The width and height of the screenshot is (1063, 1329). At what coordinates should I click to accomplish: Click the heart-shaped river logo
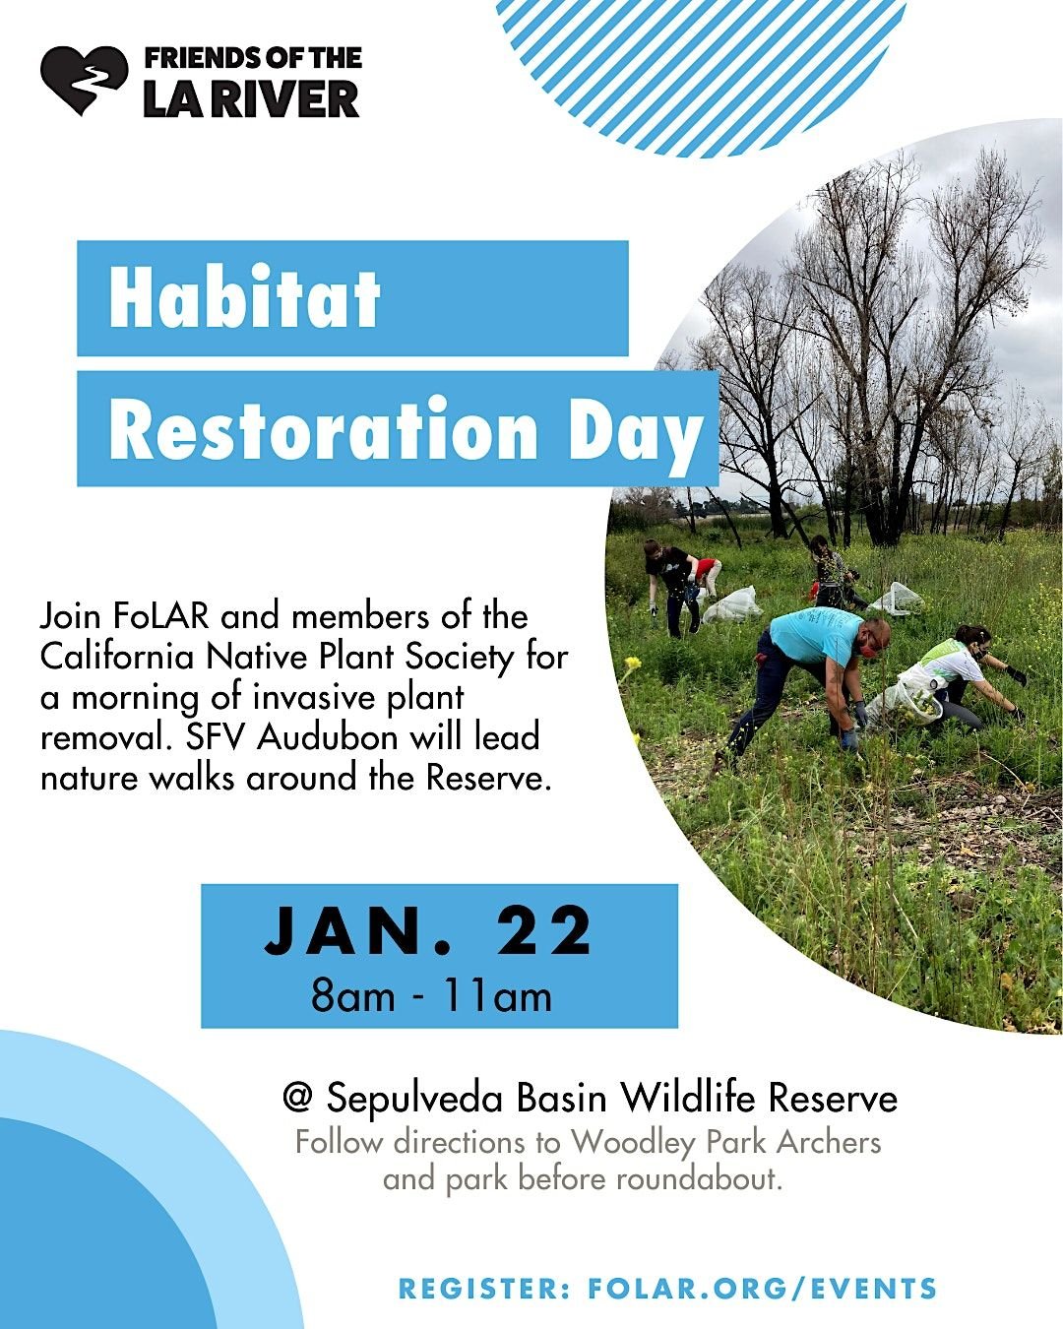pos(84,80)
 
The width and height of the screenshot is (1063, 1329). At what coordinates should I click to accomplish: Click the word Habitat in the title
pos(244,299)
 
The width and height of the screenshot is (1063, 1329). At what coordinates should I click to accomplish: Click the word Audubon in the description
pos(328,736)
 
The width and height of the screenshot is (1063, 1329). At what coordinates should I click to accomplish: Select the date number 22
pos(543,930)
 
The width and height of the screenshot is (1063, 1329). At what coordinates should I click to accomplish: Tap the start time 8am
pos(352,996)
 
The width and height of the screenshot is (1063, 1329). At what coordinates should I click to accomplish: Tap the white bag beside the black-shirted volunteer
pos(732,604)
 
